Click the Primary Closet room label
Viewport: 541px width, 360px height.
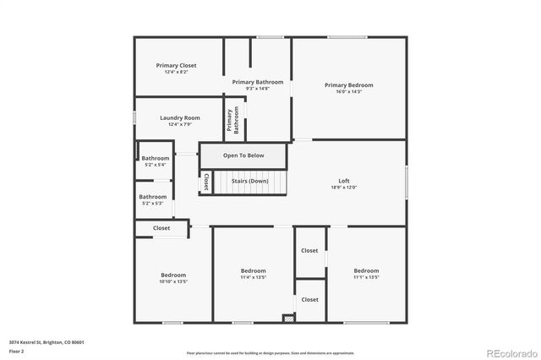pos(176,65)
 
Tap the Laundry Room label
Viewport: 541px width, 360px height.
pos(179,117)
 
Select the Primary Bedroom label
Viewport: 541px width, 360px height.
pos(348,85)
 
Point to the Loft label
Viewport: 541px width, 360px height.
pos(344,181)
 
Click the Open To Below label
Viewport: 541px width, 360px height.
pos(243,155)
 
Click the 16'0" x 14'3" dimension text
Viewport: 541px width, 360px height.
pos(348,91)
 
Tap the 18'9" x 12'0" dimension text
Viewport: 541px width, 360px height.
pos(344,188)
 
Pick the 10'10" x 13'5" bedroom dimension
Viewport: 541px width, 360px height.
pos(173,281)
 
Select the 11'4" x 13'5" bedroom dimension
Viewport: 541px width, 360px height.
pos(254,276)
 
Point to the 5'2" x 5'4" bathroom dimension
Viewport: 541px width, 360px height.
pos(155,165)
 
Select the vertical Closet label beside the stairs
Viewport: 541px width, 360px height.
pos(206,182)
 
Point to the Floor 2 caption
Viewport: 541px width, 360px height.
pos(16,350)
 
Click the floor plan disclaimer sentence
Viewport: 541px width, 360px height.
pos(270,352)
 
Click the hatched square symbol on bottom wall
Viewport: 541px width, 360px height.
pos(289,319)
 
